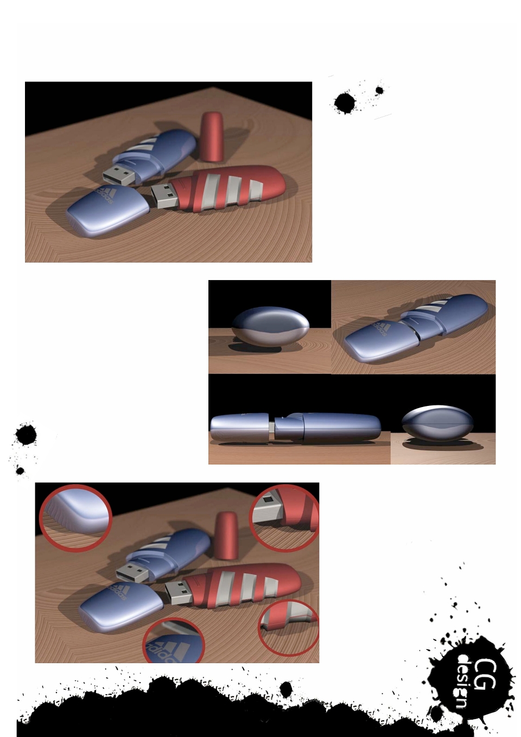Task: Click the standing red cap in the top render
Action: [212, 137]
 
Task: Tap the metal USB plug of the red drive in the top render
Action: [164, 196]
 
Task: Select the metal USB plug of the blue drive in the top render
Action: [119, 175]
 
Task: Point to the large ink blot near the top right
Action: [345, 103]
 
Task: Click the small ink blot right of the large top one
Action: [379, 90]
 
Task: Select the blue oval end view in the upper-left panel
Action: [270, 326]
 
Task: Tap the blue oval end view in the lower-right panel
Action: [437, 423]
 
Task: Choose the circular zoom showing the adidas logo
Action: [173, 640]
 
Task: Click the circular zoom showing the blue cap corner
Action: [75, 518]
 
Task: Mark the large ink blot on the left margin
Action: [26, 434]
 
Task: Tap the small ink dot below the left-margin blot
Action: [20, 471]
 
